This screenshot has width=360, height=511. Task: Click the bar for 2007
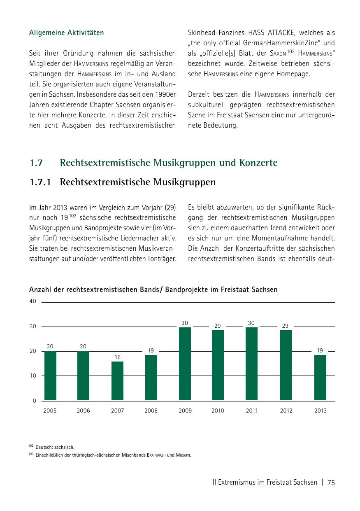tap(117, 381)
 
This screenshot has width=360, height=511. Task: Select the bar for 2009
tap(185, 364)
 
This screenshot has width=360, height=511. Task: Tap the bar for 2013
tap(320, 377)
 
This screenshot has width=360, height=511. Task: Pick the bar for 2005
tap(50, 376)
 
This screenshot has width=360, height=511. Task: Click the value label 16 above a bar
tap(118, 357)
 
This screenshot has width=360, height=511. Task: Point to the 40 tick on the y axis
tap(33, 301)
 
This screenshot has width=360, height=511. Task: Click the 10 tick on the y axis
tap(33, 376)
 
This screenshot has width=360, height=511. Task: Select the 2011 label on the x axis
tap(252, 411)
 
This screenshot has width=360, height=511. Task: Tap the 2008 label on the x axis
tap(151, 411)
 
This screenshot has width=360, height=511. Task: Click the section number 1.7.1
tap(40, 182)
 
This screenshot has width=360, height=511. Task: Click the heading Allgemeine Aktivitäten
tap(67, 33)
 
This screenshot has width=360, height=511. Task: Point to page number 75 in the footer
tap(331, 483)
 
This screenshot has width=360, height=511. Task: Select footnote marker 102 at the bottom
tap(31, 446)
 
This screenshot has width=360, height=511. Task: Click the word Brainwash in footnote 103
tap(156, 455)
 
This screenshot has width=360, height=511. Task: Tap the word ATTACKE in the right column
tap(283, 33)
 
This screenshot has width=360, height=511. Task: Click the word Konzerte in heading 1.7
tap(258, 163)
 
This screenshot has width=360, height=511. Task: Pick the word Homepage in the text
tap(293, 74)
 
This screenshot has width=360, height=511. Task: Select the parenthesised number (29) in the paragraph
tap(170, 208)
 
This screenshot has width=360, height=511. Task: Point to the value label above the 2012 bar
tap(286, 326)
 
